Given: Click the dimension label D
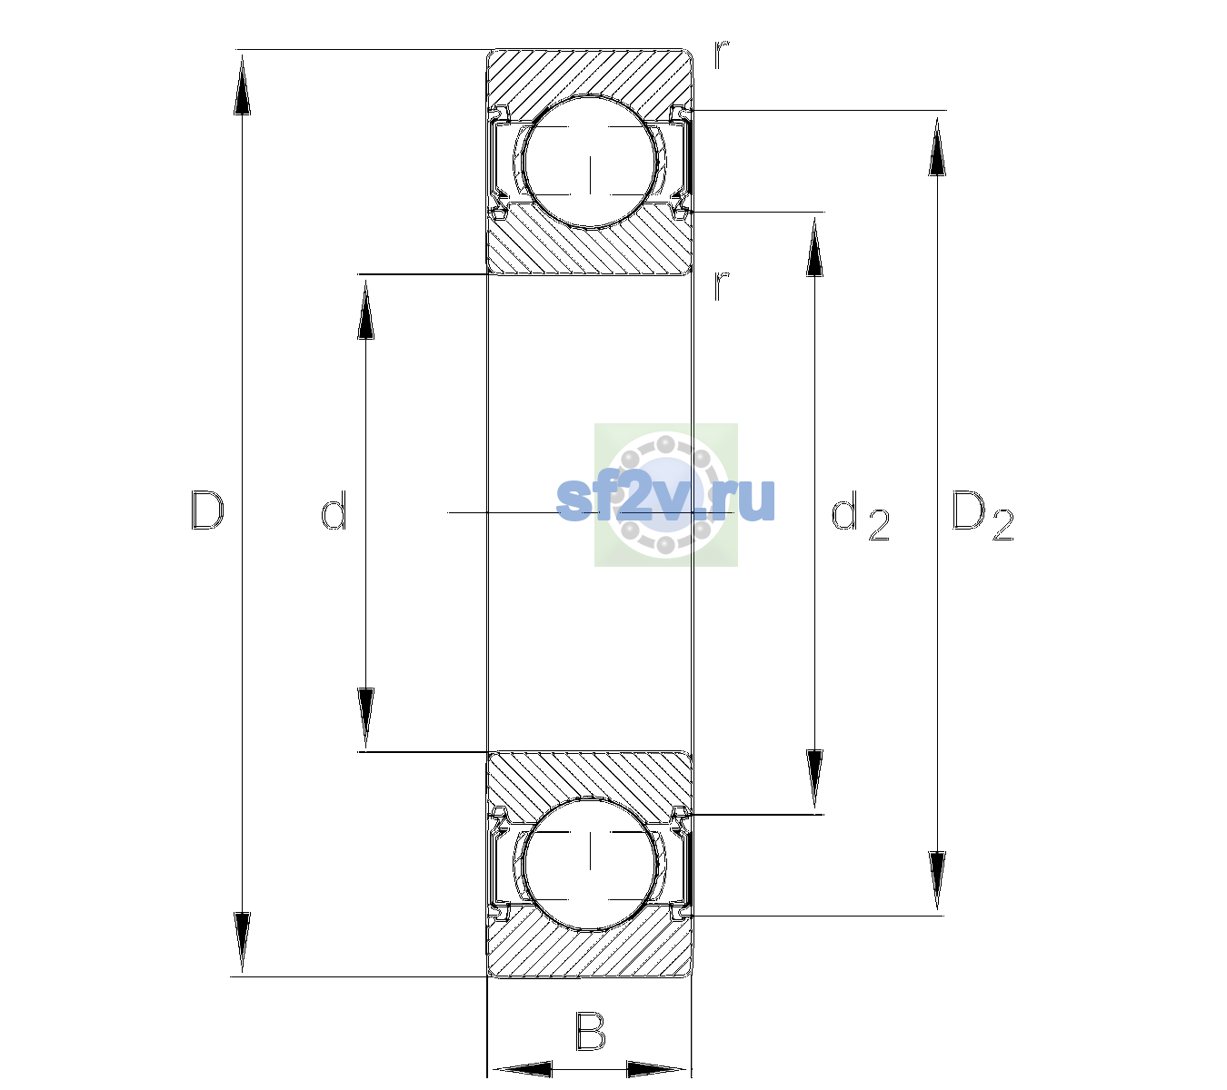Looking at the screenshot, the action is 207,510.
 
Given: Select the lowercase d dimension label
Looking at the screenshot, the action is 334,510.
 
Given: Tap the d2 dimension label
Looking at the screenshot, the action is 860,515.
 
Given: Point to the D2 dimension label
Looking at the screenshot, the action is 983,515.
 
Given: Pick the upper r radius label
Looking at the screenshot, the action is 722,54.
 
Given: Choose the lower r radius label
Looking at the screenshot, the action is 722,286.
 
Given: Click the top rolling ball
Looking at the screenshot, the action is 590,163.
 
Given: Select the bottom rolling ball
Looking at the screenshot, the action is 590,863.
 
